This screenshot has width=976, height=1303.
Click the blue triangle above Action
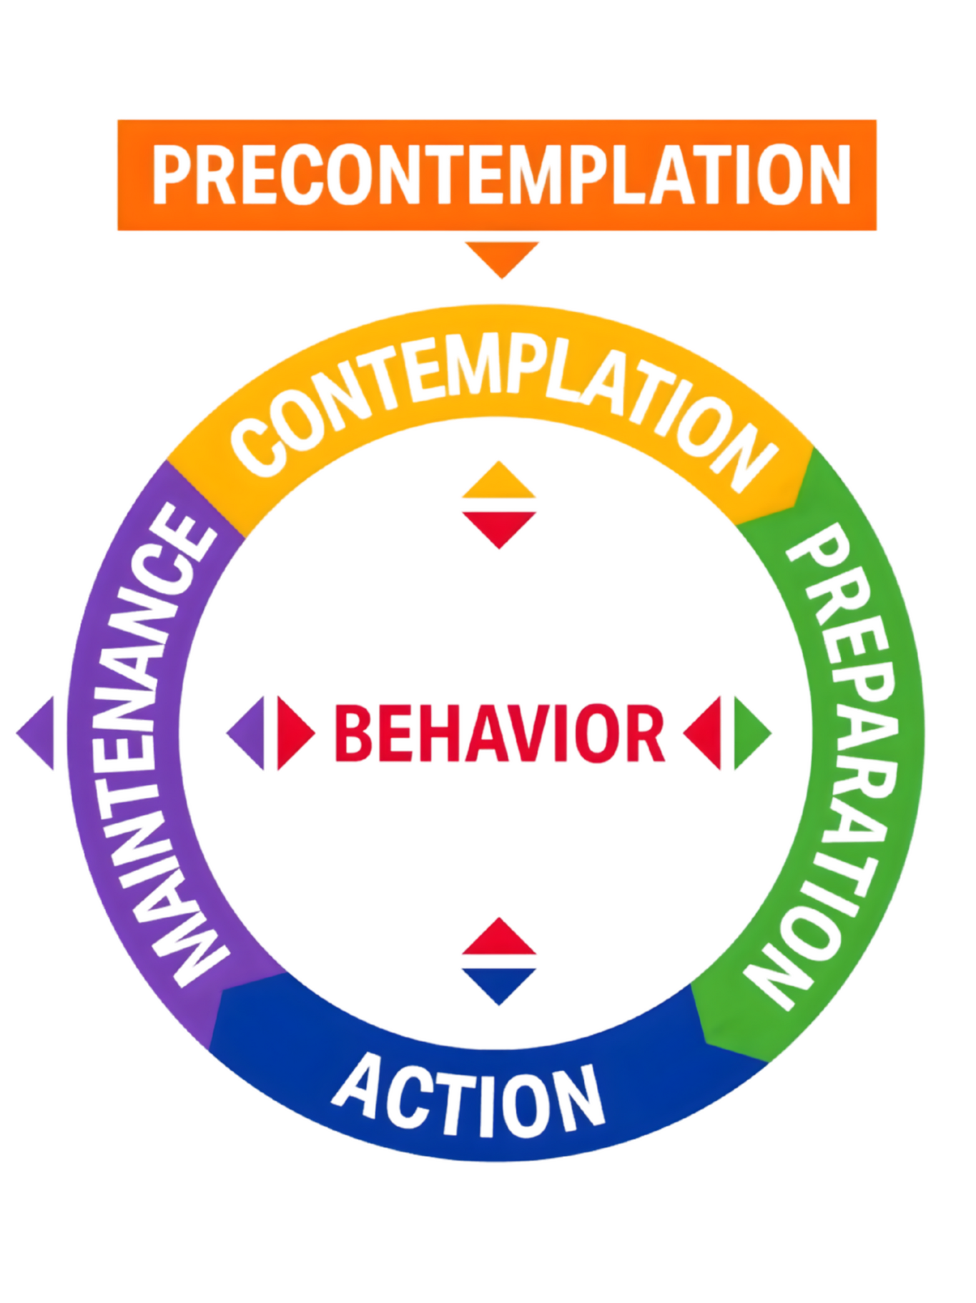tap(498, 983)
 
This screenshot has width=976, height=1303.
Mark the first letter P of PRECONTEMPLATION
tap(172, 174)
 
